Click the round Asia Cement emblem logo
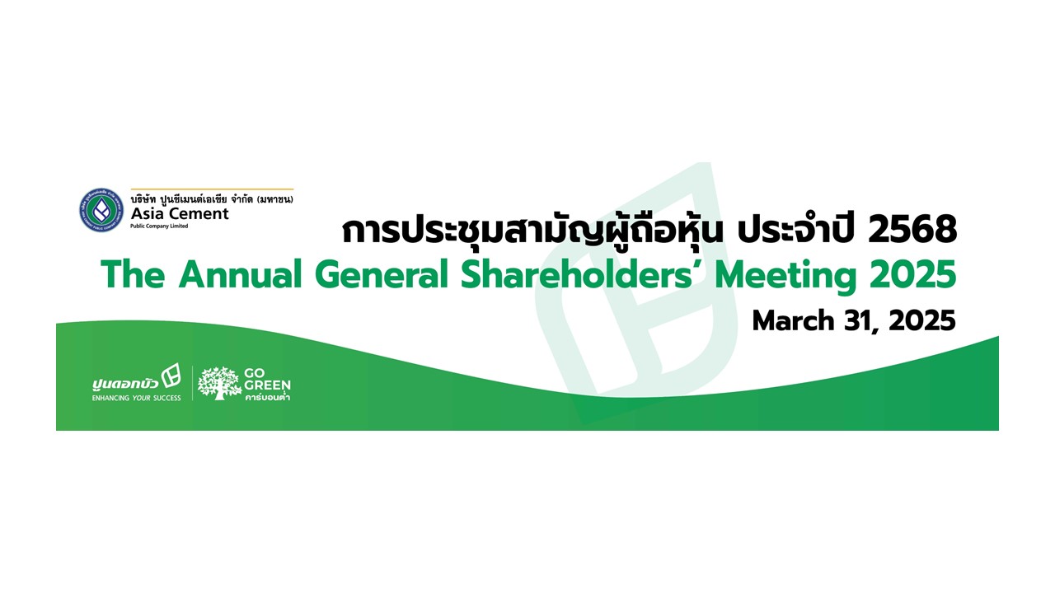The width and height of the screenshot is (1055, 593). tap(101, 210)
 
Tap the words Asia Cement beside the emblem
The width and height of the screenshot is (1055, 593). tap(180, 213)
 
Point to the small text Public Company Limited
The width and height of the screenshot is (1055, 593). tap(159, 226)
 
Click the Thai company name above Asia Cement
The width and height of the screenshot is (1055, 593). tap(212, 199)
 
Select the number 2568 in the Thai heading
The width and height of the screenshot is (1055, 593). tap(912, 230)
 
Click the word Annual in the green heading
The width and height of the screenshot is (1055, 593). tap(240, 275)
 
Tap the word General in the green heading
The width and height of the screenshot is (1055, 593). tap(382, 275)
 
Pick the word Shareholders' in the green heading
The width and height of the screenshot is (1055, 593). tap(582, 275)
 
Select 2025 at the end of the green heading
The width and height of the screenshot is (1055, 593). tap(912, 275)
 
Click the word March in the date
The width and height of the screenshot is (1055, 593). tap(794, 321)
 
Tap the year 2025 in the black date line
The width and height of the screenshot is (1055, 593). tap(922, 321)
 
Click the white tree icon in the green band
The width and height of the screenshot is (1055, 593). tap(219, 383)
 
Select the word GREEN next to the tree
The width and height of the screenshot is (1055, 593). tap(267, 385)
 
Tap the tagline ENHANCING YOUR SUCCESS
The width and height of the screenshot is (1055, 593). tap(137, 398)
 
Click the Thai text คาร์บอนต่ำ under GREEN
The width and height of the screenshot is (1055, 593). tap(267, 397)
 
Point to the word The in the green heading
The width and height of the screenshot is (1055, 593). tap(133, 275)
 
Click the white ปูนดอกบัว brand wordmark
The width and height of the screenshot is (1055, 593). tap(125, 384)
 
